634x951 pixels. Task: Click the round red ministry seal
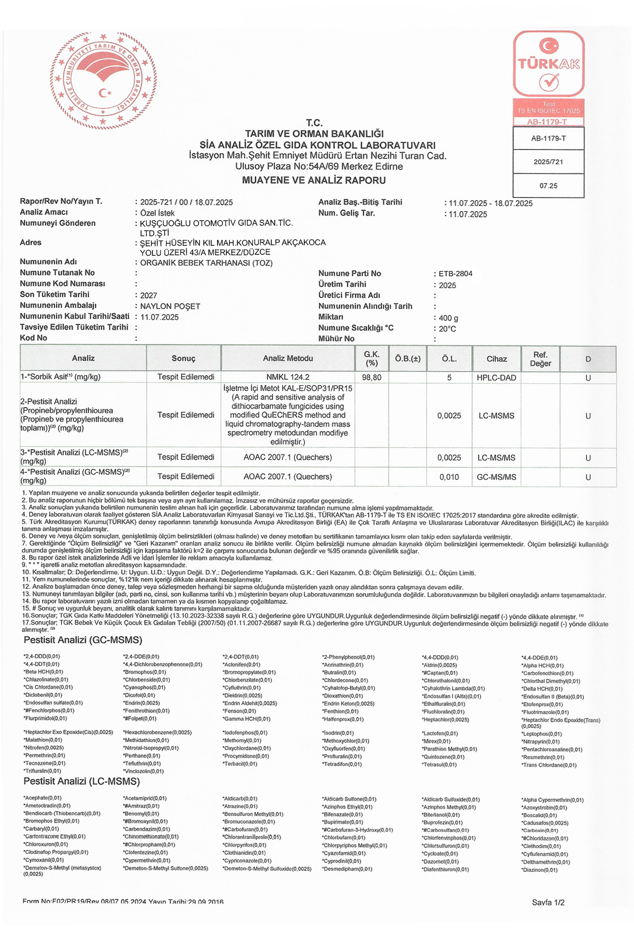pyautogui.click(x=104, y=81)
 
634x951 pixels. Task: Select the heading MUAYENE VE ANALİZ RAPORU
pyautogui.click(x=314, y=180)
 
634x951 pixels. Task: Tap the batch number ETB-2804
pyautogui.click(x=455, y=274)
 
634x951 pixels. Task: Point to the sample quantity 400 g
pyautogui.click(x=449, y=318)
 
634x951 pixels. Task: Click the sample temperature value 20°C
pyautogui.click(x=447, y=329)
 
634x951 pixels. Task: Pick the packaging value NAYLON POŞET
pyautogui.click(x=170, y=306)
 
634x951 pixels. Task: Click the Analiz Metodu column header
pyautogui.click(x=288, y=358)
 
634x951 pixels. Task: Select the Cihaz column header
pyautogui.click(x=497, y=359)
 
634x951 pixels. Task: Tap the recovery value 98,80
pyautogui.click(x=372, y=378)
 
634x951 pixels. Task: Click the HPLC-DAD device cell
pyautogui.click(x=497, y=378)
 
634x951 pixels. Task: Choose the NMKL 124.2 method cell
pyautogui.click(x=288, y=377)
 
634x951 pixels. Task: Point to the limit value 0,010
pyautogui.click(x=449, y=477)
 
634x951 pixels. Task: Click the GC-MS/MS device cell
pyautogui.click(x=497, y=477)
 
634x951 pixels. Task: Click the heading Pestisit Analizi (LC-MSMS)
pyautogui.click(x=82, y=781)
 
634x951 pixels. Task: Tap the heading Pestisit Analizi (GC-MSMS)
pyautogui.click(x=83, y=640)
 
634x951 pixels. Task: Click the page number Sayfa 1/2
pyautogui.click(x=548, y=902)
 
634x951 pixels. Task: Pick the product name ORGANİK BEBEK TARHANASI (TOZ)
pyautogui.click(x=207, y=263)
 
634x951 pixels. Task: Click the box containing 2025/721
pyautogui.click(x=548, y=162)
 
